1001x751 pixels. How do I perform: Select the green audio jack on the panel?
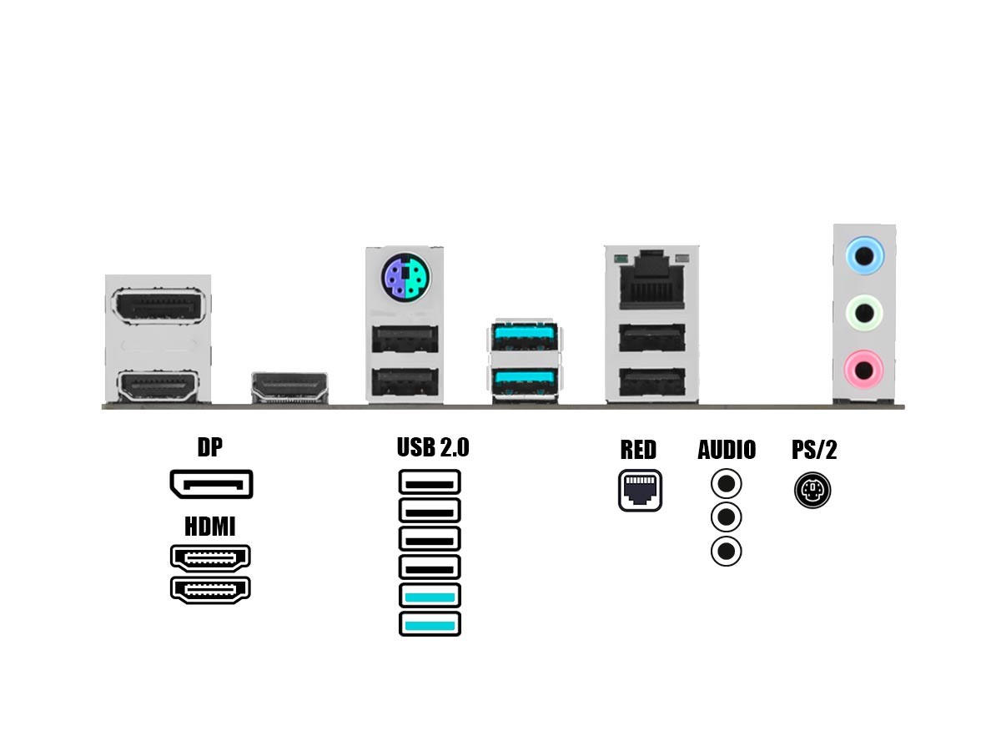tap(864, 314)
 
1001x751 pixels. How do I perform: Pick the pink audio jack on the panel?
tap(864, 368)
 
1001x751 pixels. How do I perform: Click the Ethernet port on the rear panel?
tap(651, 279)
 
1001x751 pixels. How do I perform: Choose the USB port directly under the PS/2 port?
tap(405, 339)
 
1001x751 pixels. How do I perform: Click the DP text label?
tap(210, 447)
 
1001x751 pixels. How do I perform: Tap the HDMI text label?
tap(210, 527)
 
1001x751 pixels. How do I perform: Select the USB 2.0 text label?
tap(433, 447)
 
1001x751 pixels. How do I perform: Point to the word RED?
tap(638, 450)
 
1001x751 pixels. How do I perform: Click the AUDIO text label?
tap(727, 450)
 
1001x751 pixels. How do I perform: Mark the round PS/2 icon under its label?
tap(812, 490)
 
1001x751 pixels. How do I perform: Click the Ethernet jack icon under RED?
tap(640, 491)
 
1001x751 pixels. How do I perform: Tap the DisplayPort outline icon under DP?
tap(211, 485)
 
